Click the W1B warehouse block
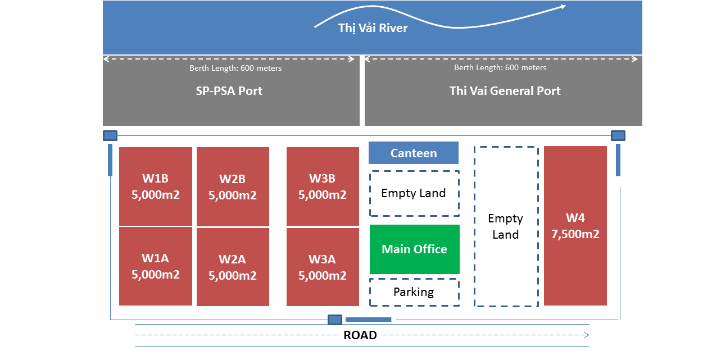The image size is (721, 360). click(156, 186)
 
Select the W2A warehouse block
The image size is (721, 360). click(233, 267)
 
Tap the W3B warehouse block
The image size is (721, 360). click(323, 186)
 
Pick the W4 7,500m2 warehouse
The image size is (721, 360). click(575, 226)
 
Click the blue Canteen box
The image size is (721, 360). click(413, 153)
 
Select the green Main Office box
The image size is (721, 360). click(415, 249)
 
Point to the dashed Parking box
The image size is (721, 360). click(415, 292)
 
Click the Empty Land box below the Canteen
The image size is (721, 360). click(415, 193)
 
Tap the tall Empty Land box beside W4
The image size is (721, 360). click(506, 226)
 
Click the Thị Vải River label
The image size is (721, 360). click(373, 28)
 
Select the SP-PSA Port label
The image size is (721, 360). click(229, 91)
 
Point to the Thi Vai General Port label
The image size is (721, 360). click(505, 91)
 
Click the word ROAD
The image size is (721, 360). click(360, 335)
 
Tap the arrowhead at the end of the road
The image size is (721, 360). click(587, 335)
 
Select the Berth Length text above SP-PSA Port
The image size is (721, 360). click(235, 68)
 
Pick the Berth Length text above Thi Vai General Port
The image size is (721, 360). click(500, 67)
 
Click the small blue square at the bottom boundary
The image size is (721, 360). click(335, 320)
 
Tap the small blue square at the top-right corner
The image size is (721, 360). click(618, 136)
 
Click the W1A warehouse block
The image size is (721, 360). click(156, 266)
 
